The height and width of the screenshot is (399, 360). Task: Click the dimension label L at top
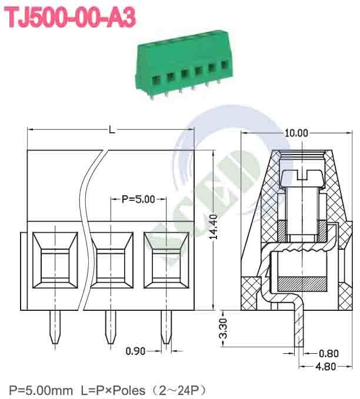click(x=112, y=130)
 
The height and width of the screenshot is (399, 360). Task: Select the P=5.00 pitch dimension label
click(x=138, y=199)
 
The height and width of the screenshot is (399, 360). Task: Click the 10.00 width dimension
click(x=296, y=133)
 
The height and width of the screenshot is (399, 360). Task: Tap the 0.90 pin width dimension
click(x=136, y=351)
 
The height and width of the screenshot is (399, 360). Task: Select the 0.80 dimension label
click(x=328, y=353)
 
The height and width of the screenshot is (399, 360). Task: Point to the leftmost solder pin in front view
click(x=56, y=328)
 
